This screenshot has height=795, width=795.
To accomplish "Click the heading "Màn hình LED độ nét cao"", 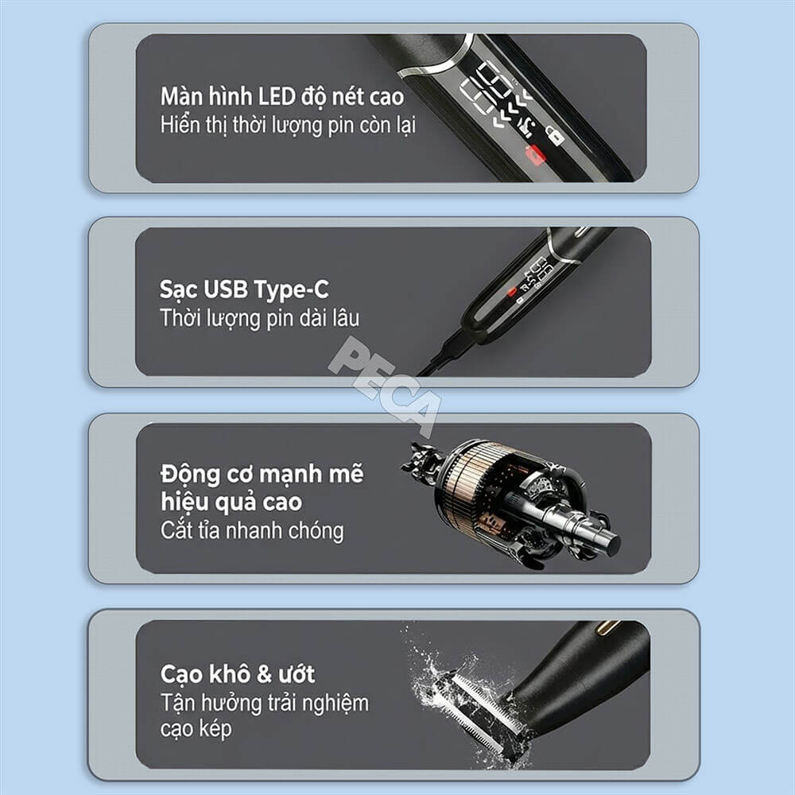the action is coord(282,96).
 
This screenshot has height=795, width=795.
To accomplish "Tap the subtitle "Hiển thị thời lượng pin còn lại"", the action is coord(288,126).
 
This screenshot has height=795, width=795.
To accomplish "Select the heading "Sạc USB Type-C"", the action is coord(244,290).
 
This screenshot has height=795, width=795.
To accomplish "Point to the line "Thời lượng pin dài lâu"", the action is coord(260,318).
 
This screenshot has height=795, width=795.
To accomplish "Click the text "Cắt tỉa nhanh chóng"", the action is coord(252,531).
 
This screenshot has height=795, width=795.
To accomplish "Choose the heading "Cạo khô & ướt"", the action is coord(237,674).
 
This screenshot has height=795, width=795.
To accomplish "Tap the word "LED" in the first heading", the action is coord(277,96).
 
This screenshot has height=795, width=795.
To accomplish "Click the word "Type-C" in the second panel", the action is coord(291,290).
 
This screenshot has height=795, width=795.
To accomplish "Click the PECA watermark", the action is coord(385,386).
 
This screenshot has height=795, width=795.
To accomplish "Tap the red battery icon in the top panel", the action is coord(535,155).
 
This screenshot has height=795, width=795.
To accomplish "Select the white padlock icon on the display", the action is coord(555,135).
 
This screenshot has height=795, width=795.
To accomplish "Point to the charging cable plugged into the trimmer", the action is coord(442,354).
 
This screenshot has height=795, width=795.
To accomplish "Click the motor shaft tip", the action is coord(612,545).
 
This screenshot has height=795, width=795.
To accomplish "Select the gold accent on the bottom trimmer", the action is coord(607,628).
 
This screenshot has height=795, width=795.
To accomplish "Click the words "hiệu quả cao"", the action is coord(231,502).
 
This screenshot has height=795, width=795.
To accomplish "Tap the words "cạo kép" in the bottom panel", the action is coord(196,728).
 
